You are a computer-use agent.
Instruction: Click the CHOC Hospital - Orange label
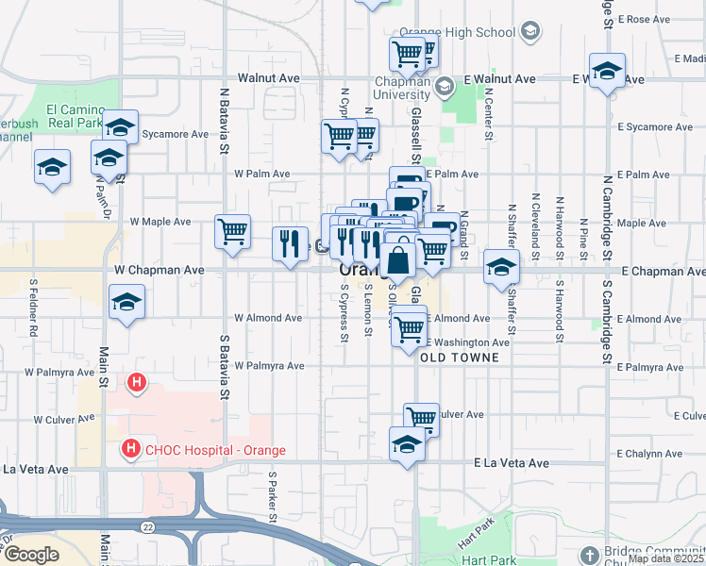212,450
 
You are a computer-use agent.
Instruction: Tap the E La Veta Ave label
511,463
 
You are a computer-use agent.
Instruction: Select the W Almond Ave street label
268,319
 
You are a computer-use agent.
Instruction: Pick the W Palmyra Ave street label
270,365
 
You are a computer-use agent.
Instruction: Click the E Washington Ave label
469,342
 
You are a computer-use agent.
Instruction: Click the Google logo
31,555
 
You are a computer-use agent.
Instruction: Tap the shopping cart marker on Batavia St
232,230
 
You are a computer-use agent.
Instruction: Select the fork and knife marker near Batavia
290,243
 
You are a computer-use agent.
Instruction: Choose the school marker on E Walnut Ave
607,71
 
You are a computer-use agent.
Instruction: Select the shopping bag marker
399,258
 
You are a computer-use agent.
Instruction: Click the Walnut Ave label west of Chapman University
269,78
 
